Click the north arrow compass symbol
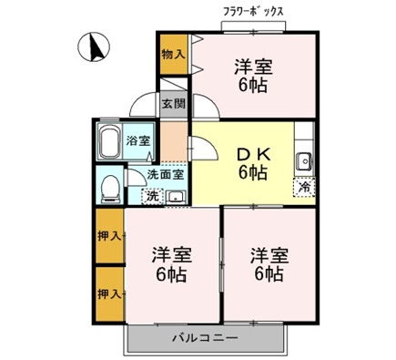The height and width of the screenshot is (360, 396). tap(94, 47)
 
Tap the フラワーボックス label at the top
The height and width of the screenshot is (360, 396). tap(253, 12)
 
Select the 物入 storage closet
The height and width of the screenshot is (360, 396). tap(173, 55)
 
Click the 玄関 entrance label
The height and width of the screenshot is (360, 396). tap(174, 104)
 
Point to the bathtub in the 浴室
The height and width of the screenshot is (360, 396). tap(109, 141)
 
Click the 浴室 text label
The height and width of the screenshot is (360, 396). tap(137, 141)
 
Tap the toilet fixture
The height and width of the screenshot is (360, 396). tap(110, 189)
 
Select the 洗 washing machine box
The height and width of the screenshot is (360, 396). tap(152, 196)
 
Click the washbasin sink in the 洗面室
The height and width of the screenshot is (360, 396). tap(177, 197)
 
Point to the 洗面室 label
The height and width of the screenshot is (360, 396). tap(166, 175)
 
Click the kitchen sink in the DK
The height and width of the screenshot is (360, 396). tap(304, 161)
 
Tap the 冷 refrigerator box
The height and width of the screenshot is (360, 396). tap(304, 187)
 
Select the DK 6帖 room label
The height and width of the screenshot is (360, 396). tap(253, 165)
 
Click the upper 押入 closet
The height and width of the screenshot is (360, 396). tap(109, 236)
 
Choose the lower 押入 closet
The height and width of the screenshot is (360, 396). tap(109, 293)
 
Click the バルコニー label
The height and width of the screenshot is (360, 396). tap(205, 338)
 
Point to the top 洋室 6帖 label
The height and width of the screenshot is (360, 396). tap(253, 76)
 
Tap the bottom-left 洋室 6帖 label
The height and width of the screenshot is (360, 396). tap(171, 264)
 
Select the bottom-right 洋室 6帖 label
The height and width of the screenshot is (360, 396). tap(269, 264)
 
